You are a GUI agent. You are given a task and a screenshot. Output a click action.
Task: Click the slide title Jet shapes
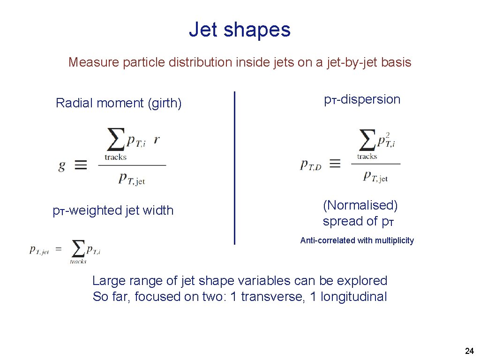click(x=240, y=30)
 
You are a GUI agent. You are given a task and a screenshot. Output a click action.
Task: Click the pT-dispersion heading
click(x=362, y=99)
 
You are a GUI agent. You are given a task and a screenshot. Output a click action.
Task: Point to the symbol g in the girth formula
click(x=62, y=165)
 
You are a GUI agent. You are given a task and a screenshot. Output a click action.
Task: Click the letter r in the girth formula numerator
click(x=157, y=140)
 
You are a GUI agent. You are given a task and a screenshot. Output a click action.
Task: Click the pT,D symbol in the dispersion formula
click(x=311, y=165)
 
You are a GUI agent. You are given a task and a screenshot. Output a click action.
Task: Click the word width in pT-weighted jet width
click(x=158, y=210)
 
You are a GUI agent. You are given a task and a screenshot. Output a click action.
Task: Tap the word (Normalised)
click(x=360, y=205)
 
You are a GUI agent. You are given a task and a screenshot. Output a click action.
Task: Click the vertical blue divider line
click(x=234, y=168)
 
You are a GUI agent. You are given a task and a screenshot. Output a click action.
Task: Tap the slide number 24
click(x=469, y=351)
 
